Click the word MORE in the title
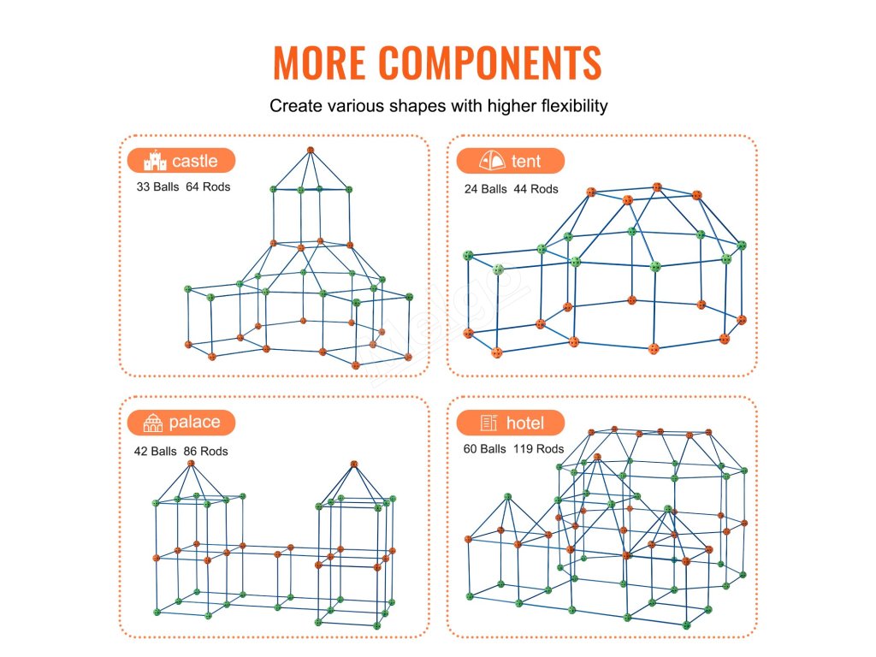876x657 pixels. (320, 62)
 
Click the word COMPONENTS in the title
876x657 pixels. (490, 62)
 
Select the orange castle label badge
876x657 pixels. (181, 161)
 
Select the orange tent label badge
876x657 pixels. (510, 161)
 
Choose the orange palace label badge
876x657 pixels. (181, 423)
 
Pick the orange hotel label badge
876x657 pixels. (510, 423)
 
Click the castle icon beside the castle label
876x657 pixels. (155, 161)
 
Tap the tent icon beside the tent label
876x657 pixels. (492, 161)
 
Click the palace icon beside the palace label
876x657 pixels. (153, 423)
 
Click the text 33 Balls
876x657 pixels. (157, 186)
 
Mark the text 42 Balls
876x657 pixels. (155, 451)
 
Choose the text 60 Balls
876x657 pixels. (485, 448)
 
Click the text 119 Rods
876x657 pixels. (538, 448)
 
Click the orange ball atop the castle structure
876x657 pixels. (311, 151)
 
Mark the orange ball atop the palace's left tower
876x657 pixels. (192, 464)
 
